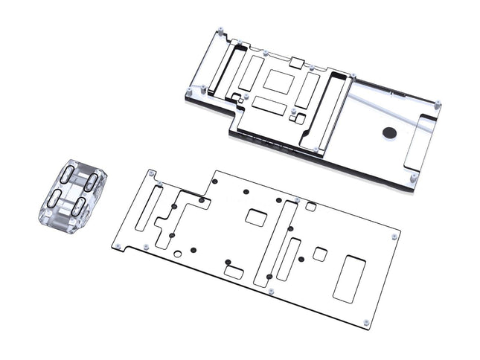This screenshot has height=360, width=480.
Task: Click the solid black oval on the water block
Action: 390,133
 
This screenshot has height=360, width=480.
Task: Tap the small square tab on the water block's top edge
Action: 295,62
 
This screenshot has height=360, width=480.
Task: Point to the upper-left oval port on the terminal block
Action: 67,176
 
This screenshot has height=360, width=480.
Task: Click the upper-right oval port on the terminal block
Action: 89,182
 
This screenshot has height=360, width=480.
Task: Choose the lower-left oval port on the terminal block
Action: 55,198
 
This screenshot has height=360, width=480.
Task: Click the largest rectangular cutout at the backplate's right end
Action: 349,278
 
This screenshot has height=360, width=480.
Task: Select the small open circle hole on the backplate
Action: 178,254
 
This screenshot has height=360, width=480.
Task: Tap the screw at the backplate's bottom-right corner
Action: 366,322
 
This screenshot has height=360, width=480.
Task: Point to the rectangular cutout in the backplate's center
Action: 256,218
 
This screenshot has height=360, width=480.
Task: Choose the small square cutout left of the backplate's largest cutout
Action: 319,254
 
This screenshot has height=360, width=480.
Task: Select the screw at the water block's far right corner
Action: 438,104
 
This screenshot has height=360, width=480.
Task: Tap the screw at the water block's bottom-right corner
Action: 413,177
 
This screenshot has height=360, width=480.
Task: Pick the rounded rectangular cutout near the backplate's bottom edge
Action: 234,273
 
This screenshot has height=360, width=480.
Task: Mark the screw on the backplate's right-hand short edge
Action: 394,236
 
